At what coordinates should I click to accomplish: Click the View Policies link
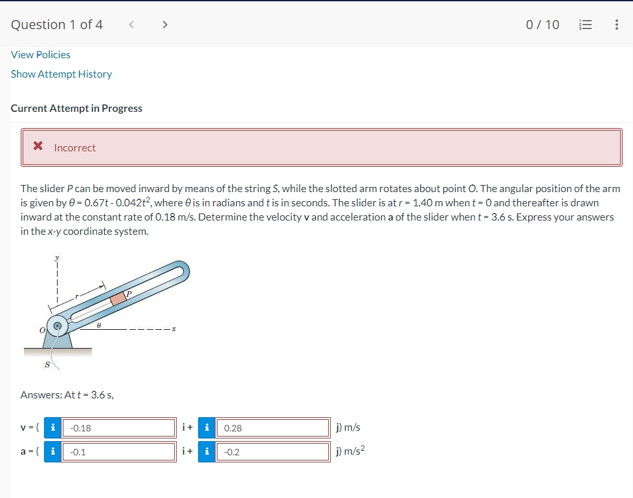[x=41, y=55]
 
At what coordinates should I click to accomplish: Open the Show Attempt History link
[x=61, y=74]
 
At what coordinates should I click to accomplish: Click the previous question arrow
[x=131, y=25]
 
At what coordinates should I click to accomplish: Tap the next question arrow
[x=165, y=25]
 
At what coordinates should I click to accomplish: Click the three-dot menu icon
[x=616, y=25]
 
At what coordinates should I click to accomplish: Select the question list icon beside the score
[x=584, y=25]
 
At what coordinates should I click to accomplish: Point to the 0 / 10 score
[x=542, y=25]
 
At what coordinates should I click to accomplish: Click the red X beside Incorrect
[x=39, y=147]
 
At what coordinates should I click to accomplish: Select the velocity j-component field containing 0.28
[x=272, y=428]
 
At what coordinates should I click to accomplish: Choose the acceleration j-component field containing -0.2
[x=272, y=452]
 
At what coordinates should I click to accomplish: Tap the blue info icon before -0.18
[x=52, y=428]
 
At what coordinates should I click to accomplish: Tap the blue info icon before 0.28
[x=206, y=428]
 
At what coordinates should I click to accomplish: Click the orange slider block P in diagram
[x=118, y=299]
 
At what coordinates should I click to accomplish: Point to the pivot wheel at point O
[x=58, y=327]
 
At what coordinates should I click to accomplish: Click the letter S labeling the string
[x=47, y=364]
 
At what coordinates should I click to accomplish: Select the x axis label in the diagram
[x=174, y=330]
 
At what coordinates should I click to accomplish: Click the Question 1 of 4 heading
[x=57, y=25]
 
